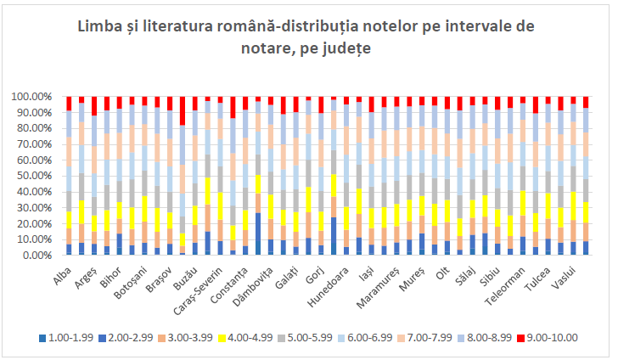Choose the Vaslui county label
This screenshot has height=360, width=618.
pyautogui.click(x=565, y=275)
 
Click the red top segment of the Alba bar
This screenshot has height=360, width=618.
pyautogui.click(x=69, y=104)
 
